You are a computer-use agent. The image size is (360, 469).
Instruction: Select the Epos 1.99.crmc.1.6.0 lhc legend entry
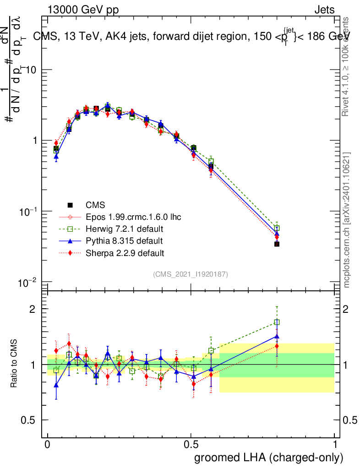[133, 217]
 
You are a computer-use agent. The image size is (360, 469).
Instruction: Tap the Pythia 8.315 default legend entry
[124, 240]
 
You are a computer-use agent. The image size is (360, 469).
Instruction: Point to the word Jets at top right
[324, 10]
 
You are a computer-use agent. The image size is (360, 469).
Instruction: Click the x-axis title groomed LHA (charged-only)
[269, 458]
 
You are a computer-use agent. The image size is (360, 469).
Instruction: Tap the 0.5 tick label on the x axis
[191, 445]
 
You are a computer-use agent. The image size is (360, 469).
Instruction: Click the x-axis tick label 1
[335, 445]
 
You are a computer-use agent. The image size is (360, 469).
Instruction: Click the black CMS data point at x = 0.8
[277, 244]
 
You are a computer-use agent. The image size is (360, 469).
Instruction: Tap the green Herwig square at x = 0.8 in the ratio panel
[277, 322]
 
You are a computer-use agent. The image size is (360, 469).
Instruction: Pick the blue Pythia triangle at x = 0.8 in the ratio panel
[277, 336]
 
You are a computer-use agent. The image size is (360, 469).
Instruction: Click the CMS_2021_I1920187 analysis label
[191, 274]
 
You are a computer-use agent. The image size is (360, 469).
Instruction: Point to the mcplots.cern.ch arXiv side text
[347, 220]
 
